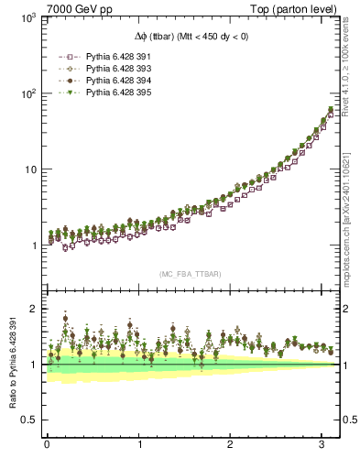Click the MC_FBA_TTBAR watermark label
point(191,275)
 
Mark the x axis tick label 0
point(47,444)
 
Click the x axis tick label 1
point(139,444)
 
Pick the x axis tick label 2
point(231,444)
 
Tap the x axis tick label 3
point(322,444)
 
